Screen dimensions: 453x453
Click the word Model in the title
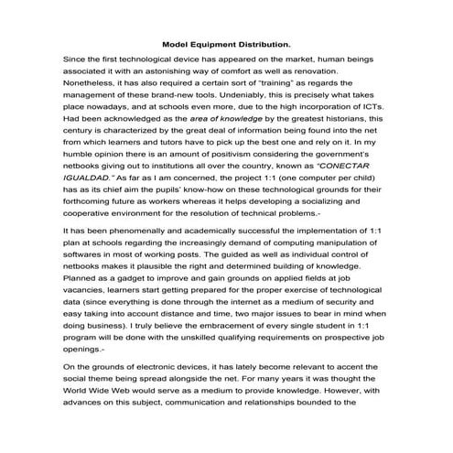[x=177, y=43]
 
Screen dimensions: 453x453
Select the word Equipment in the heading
[x=218, y=43]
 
